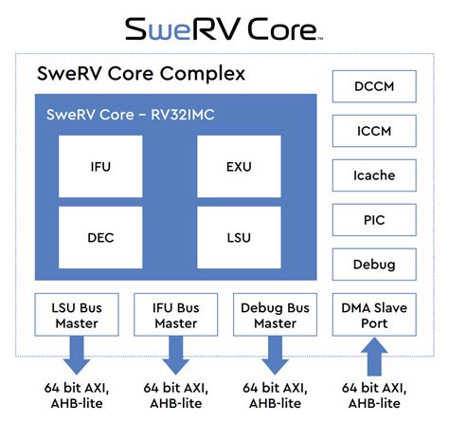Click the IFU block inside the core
(100, 166)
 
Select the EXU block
(239, 166)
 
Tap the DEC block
(100, 237)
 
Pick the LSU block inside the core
(239, 237)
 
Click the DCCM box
(373, 86)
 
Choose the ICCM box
(373, 131)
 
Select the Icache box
(373, 175)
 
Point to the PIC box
(373, 220)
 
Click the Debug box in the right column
(373, 265)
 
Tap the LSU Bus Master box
(74, 315)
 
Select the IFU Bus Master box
(174, 315)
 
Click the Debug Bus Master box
(274, 315)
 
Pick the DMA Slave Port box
(373, 315)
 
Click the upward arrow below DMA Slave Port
(373, 360)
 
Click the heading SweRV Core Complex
(140, 73)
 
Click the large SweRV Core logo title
(224, 28)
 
